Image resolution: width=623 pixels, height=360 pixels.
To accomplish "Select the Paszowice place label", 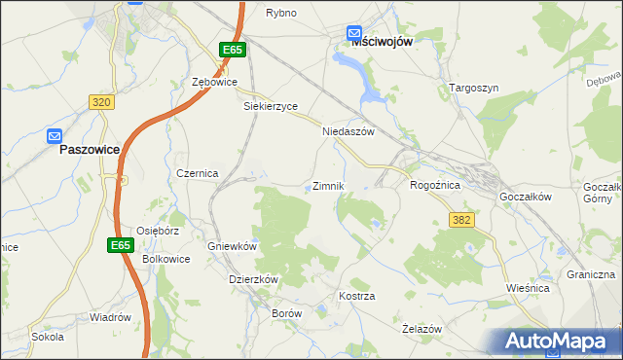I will (x=90, y=151).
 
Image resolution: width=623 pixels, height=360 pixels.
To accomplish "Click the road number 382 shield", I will (x=461, y=221).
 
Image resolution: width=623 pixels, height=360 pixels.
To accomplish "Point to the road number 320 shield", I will (x=101, y=101).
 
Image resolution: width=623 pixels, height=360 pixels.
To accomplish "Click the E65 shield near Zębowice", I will (x=232, y=50).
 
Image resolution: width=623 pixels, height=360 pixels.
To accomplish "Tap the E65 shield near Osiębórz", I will (x=120, y=246).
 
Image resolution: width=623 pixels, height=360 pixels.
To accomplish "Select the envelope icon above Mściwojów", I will (x=354, y=33).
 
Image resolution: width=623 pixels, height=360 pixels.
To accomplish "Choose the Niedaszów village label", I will (x=348, y=131).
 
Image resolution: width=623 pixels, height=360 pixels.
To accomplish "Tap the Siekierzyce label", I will (x=270, y=107).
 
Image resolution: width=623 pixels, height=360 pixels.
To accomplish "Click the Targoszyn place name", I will (x=474, y=88).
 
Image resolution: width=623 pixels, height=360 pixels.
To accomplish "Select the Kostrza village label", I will (x=356, y=295).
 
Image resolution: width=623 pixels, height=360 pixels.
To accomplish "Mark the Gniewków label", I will (x=232, y=246).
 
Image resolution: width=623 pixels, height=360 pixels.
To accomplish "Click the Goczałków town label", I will (x=526, y=196).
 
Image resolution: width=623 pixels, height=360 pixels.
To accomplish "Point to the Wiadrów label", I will (x=110, y=317).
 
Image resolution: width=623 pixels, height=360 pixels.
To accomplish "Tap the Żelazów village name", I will (x=422, y=330).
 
